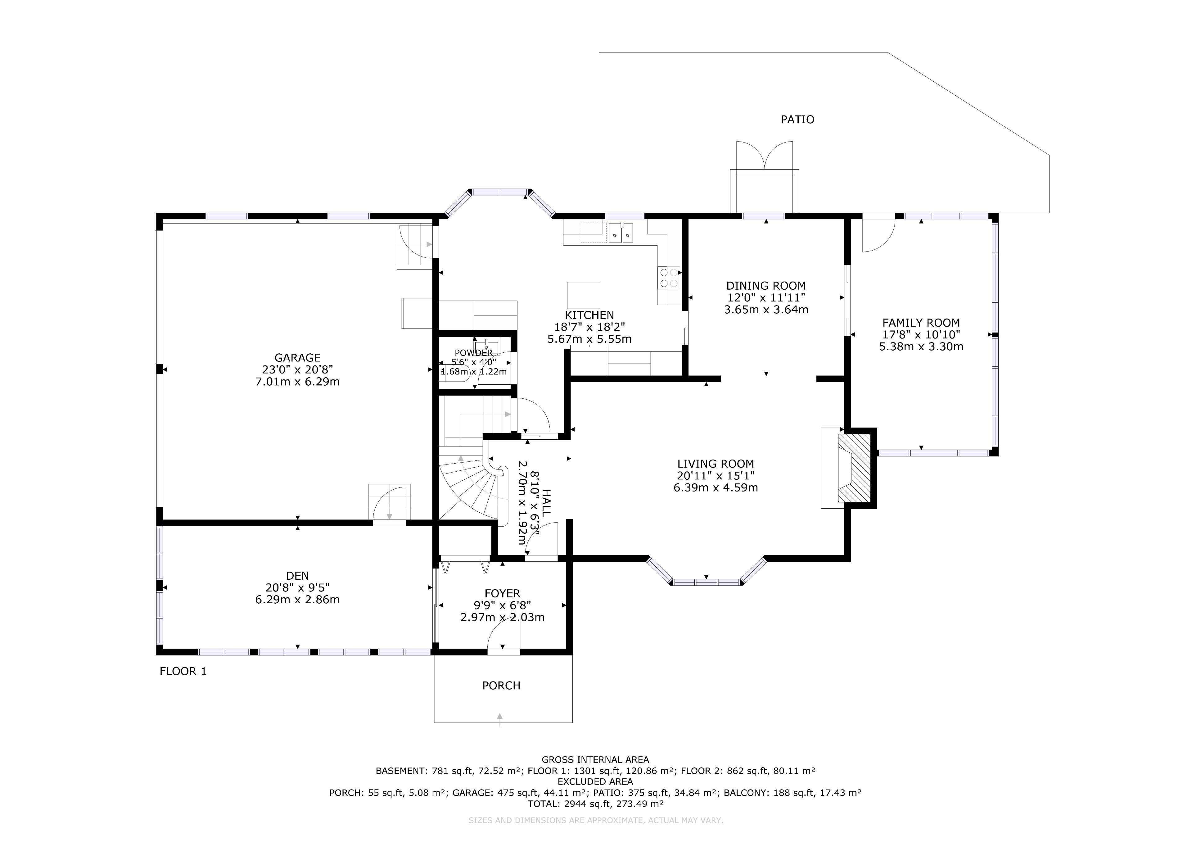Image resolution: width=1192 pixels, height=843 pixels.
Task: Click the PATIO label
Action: point(797,120)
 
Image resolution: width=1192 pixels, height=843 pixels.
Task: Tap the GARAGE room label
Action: point(297,357)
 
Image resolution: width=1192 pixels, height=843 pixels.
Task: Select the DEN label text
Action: point(297,575)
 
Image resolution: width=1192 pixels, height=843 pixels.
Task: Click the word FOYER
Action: point(502,593)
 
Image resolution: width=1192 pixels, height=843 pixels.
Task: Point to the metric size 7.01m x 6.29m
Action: point(297,382)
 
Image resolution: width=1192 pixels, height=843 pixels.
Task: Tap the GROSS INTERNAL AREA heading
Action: point(595,760)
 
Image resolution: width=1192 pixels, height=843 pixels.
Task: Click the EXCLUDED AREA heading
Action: point(595,782)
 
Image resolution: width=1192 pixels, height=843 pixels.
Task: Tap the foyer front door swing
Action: point(503,635)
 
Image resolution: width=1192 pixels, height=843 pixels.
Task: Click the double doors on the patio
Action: point(764,155)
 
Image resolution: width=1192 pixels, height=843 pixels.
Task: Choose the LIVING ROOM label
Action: point(716,464)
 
